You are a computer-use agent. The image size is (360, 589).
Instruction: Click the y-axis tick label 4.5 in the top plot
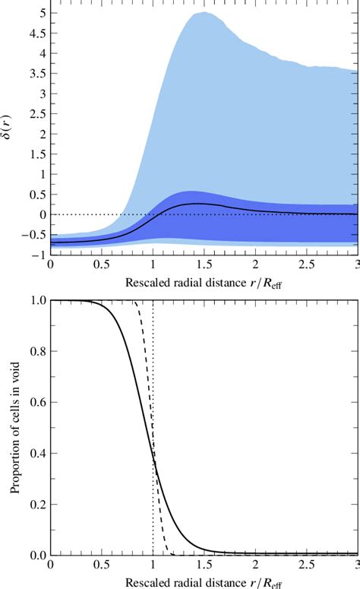click(35, 34)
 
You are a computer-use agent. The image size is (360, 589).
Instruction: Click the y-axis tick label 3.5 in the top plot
click(35, 74)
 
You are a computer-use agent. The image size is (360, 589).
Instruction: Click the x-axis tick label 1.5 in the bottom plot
click(204, 568)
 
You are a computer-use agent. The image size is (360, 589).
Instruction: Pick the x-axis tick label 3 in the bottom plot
click(356, 568)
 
